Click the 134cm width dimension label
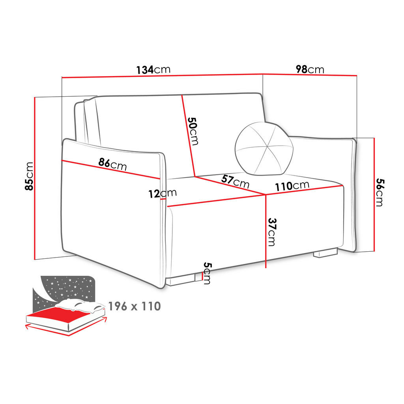pyautogui.click(x=153, y=70)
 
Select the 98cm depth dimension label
pyautogui.click(x=310, y=69)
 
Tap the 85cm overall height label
pyautogui.click(x=29, y=176)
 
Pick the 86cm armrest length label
pyautogui.click(x=112, y=164)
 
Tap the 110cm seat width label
pyautogui.click(x=292, y=185)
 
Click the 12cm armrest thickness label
pyautogui.click(x=163, y=193)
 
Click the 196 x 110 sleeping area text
pyautogui.click(x=134, y=306)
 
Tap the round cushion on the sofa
pyautogui.click(x=264, y=149)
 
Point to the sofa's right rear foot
pyautogui.click(x=325, y=253)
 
